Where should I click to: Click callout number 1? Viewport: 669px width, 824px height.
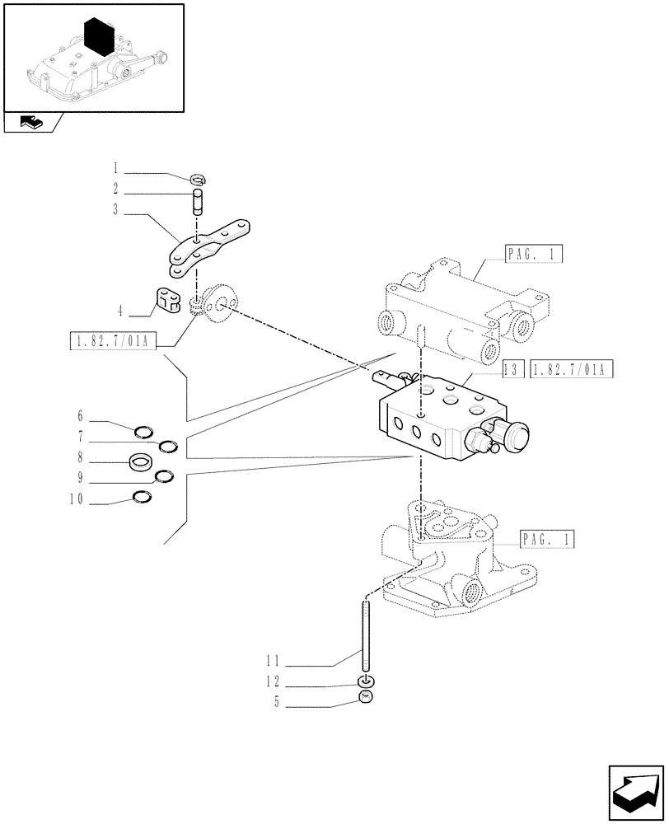116,174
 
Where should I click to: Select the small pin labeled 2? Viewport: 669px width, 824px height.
198,200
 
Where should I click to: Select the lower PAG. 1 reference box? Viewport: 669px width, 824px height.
547,540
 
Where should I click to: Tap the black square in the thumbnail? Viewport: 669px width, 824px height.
98,37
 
